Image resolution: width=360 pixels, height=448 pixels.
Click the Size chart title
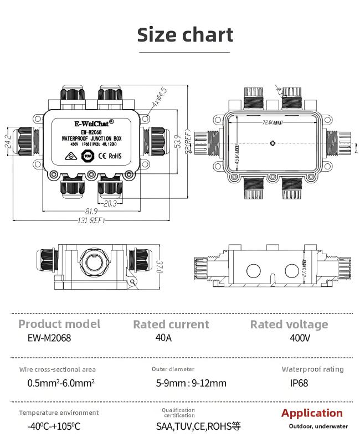click(x=185, y=34)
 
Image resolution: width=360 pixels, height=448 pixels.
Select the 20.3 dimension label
click(x=109, y=203)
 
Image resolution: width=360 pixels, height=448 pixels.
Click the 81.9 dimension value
click(x=91, y=212)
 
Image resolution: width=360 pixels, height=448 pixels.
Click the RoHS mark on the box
click(x=115, y=156)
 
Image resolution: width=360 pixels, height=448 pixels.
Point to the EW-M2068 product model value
click(x=49, y=337)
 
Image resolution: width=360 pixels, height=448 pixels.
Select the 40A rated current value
click(x=164, y=337)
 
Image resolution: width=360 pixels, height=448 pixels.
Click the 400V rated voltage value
click(x=300, y=337)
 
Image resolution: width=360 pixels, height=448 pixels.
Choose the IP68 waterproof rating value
click(x=299, y=383)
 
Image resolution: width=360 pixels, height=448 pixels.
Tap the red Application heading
click(x=312, y=413)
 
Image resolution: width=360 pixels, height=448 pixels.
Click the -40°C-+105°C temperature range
click(x=54, y=426)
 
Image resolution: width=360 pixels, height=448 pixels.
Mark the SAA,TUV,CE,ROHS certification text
click(x=198, y=426)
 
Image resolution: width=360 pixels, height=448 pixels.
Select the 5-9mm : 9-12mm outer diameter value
click(x=191, y=383)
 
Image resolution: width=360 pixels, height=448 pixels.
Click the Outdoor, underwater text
click(x=318, y=426)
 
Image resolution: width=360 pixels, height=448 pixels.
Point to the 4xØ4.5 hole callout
click(x=157, y=98)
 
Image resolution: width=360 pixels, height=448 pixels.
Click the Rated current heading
click(x=171, y=325)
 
